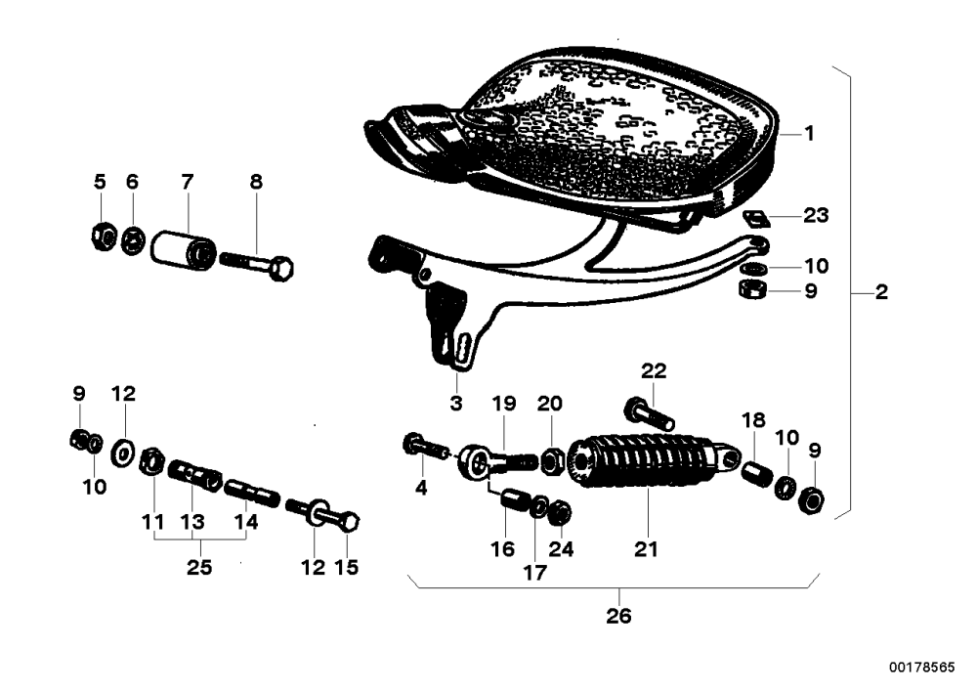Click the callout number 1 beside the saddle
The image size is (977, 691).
pos(809,133)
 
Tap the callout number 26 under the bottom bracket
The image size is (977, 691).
pos(618,616)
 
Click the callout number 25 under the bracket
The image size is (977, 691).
pos(199,568)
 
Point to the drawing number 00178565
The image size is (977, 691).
pos(921,668)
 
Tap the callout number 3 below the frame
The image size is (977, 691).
pos(456,403)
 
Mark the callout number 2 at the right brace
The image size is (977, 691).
pos(881,291)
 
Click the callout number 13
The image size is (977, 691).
pos(192,522)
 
